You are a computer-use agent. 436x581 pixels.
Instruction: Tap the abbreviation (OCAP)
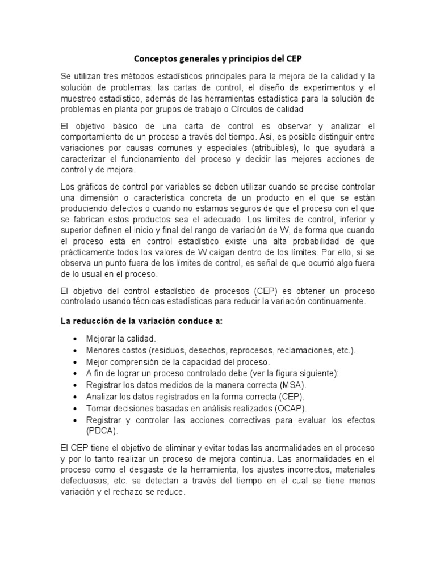click(x=290, y=408)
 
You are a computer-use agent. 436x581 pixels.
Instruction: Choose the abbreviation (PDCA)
click(x=102, y=430)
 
